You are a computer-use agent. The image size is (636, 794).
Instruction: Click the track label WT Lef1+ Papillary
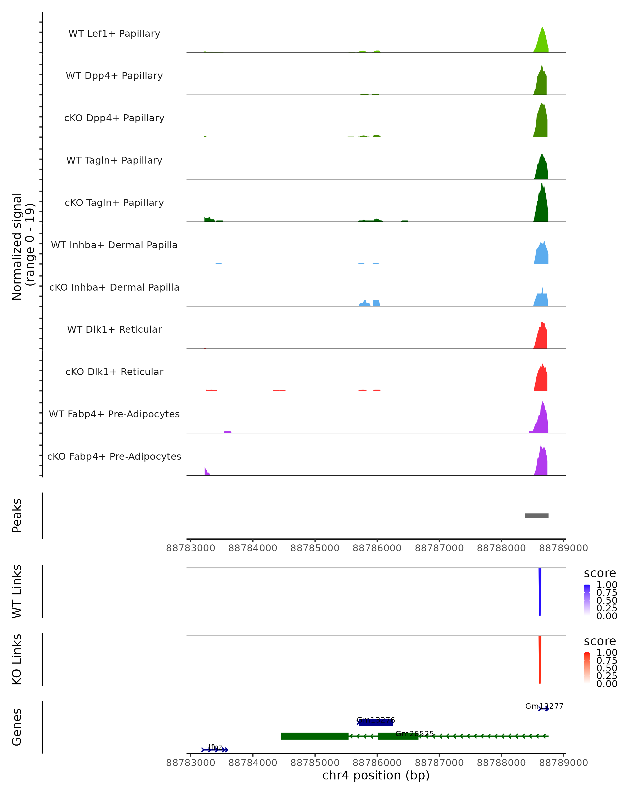pyautogui.click(x=114, y=34)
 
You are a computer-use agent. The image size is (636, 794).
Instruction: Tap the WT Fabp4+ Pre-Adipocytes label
pyautogui.click(x=114, y=414)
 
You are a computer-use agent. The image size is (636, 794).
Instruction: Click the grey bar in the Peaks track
pyautogui.click(x=536, y=516)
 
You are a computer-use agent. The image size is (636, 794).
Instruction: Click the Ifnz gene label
pyautogui.click(x=215, y=747)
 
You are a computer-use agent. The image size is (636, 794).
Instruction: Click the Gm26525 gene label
pyautogui.click(x=414, y=734)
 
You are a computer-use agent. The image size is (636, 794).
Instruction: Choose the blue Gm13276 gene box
pyautogui.click(x=376, y=723)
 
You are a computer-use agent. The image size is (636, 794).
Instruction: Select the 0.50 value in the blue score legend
pyautogui.click(x=607, y=600)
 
